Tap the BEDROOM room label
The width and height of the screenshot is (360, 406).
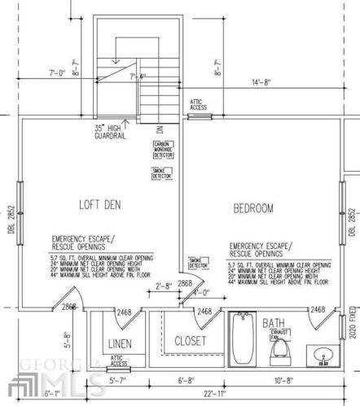click(254, 208)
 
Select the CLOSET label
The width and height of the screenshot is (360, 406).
click(190, 341)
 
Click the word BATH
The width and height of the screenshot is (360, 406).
click(273, 323)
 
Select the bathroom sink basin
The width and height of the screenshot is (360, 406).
click(322, 358)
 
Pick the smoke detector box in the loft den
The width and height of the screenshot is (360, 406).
click(162, 172)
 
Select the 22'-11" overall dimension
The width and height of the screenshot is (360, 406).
click(213, 394)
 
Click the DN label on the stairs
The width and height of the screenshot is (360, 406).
click(161, 129)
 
